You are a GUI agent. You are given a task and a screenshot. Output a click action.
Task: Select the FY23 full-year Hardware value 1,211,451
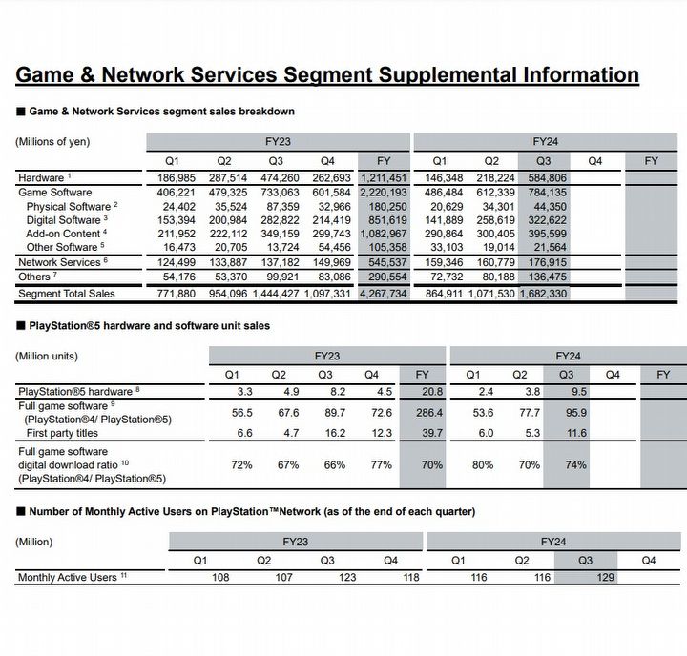385,178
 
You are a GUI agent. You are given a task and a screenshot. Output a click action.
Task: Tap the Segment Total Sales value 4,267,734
385,294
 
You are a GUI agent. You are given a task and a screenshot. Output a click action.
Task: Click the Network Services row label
59,262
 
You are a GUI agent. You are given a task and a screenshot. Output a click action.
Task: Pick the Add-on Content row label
63,234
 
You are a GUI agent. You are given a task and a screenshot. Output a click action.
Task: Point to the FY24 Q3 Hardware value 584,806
543,178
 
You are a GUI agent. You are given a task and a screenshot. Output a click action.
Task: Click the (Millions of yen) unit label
52,142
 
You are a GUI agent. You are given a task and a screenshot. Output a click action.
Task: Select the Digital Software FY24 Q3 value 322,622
543,220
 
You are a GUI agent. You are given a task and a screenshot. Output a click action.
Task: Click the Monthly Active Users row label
64,578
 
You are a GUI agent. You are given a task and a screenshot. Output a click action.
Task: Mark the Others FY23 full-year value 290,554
386,277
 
